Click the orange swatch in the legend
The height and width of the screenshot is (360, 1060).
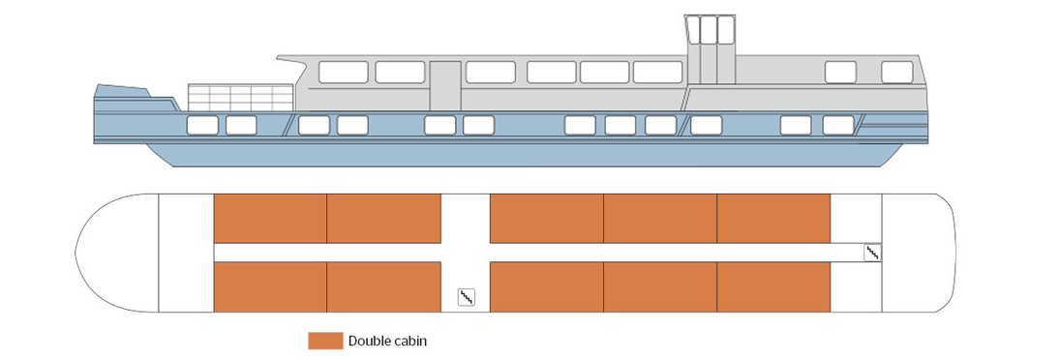coord(325,341)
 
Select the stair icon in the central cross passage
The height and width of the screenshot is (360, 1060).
coord(466,297)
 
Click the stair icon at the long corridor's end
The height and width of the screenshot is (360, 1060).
coord(872,253)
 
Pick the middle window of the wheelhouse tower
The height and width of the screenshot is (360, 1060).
coord(710,30)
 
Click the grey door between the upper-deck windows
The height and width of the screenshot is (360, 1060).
coord(445,85)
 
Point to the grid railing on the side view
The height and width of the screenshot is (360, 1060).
coord(240,98)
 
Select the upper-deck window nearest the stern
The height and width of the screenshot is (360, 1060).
coord(897,72)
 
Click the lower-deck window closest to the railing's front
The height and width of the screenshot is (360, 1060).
coord(202,125)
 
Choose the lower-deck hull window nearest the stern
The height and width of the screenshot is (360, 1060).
coord(838,125)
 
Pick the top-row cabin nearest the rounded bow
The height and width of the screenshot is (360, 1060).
coord(269,218)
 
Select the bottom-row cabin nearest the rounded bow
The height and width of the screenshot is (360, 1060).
coord(269,287)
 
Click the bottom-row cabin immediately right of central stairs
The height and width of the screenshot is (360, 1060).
coord(547,287)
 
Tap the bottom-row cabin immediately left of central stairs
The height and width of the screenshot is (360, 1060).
coord(383,287)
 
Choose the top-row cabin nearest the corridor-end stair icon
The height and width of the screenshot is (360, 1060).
coord(773,218)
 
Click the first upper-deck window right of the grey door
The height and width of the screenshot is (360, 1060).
coord(490,72)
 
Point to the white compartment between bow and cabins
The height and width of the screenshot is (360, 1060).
coord(185,253)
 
